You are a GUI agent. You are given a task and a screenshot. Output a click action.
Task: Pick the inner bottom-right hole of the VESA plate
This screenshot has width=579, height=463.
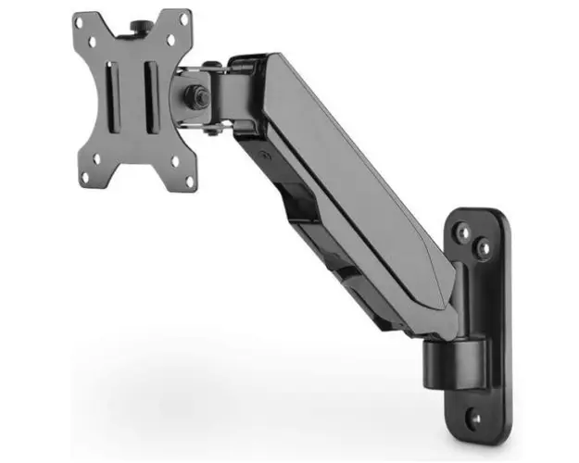tap(173, 160)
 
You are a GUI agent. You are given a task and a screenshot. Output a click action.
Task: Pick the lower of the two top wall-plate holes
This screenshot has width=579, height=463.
tap(484, 248)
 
